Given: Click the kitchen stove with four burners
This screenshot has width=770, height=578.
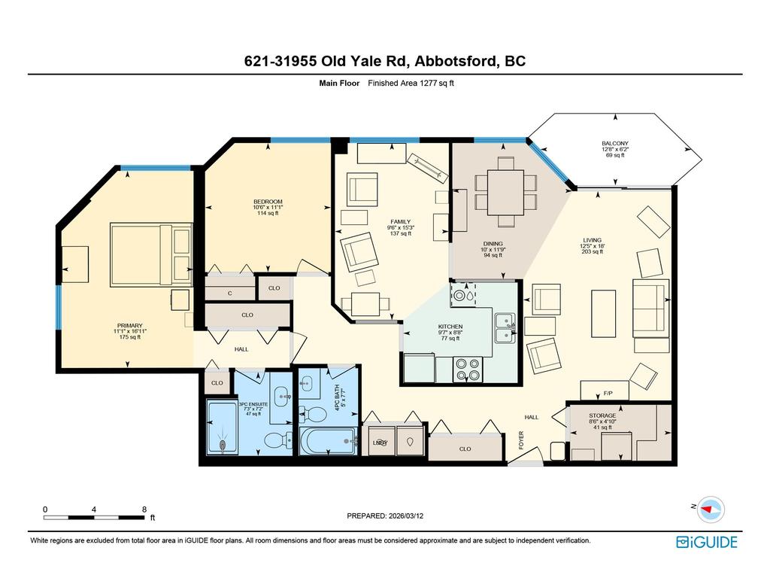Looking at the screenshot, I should (x=468, y=370).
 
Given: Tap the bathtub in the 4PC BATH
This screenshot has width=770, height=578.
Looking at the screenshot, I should (x=329, y=442).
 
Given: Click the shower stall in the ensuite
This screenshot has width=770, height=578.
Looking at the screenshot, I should (x=223, y=427).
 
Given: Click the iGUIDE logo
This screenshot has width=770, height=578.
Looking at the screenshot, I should (x=706, y=542).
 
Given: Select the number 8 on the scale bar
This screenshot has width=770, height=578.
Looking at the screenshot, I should (x=144, y=510).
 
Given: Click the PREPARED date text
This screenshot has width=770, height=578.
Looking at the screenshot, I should (x=390, y=516).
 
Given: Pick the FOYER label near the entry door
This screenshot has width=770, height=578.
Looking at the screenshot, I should (x=522, y=440).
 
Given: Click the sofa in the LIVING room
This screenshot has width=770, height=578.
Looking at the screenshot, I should (x=650, y=308).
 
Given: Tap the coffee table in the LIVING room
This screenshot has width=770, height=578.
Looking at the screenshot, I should (x=604, y=313).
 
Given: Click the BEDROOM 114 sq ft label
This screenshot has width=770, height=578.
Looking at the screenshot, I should (x=268, y=207).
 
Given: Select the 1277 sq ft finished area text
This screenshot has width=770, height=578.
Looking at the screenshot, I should (x=411, y=84).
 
